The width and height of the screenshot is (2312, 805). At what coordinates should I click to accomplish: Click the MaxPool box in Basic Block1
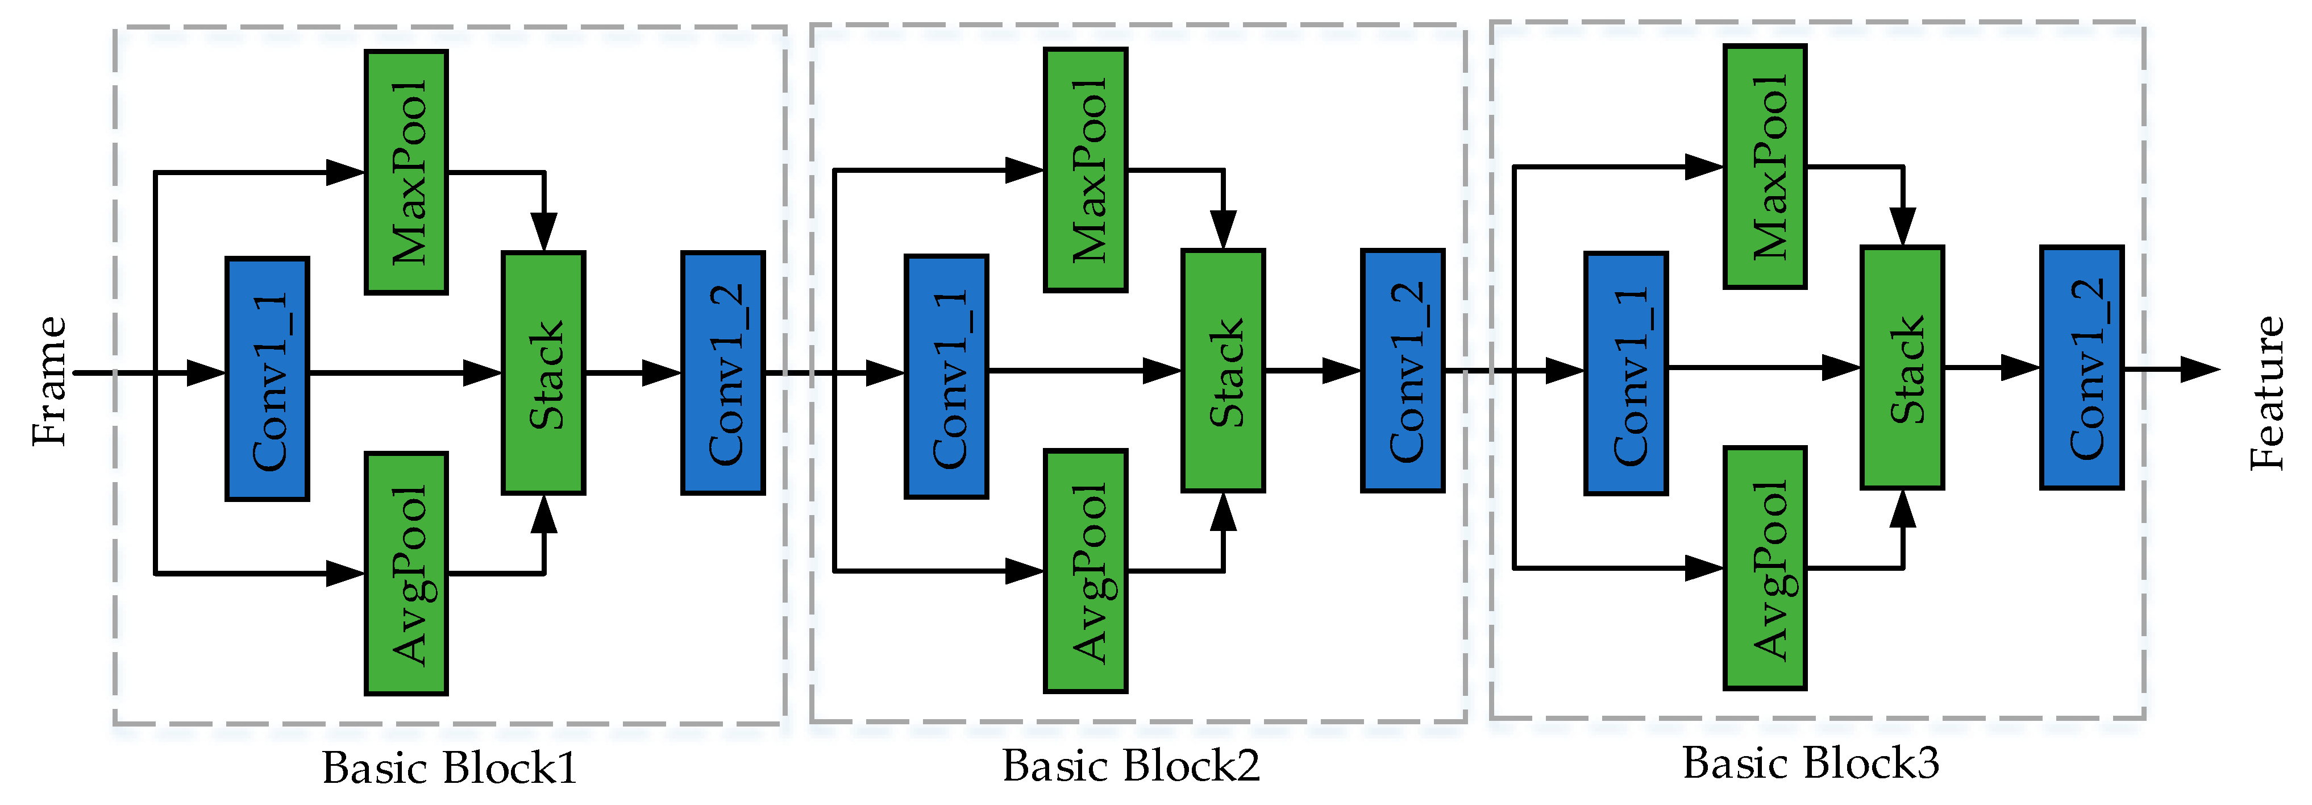406,172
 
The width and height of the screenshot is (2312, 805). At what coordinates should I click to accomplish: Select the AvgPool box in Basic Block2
1085,571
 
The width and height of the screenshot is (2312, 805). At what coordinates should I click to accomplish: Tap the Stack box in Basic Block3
1902,368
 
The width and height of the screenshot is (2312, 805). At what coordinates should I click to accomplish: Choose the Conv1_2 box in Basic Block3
2081,368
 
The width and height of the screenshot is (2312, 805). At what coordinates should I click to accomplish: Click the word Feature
2267,392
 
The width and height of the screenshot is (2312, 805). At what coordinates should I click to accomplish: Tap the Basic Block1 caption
449,768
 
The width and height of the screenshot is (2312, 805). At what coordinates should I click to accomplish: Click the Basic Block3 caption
1810,763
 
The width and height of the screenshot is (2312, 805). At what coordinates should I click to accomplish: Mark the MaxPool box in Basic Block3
1765,167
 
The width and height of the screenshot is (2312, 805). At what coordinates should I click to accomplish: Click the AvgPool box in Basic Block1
406,574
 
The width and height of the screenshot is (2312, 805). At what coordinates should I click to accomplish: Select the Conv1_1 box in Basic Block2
946,376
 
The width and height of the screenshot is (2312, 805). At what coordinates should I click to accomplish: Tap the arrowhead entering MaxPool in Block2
1024,169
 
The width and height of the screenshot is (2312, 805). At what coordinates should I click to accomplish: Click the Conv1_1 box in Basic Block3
1625,374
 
